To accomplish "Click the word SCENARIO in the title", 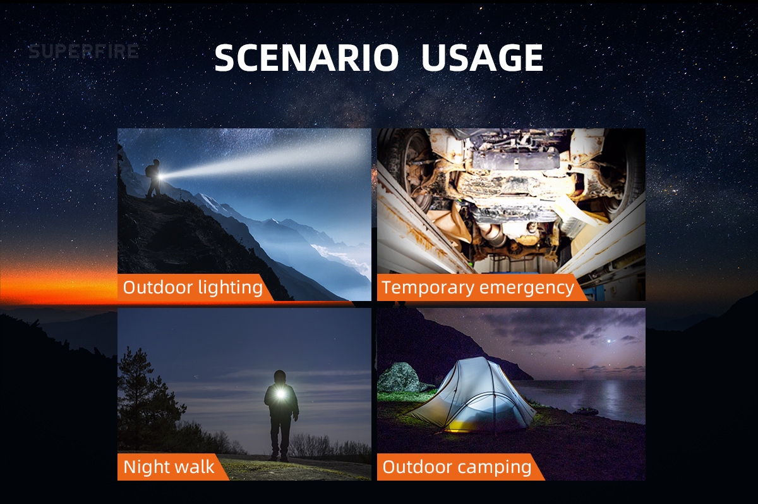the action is [x=306, y=58].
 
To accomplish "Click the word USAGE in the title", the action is [x=482, y=58].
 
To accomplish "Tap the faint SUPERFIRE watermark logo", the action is [x=83, y=51].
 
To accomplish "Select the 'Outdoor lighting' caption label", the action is [x=193, y=287].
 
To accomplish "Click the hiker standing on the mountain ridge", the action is [x=154, y=178].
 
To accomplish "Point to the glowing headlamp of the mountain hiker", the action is [x=160, y=176].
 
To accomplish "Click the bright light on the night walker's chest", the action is [x=280, y=394].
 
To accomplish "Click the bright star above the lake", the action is [x=610, y=341].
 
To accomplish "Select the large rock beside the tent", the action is [x=401, y=377].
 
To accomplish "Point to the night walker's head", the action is [x=280, y=377].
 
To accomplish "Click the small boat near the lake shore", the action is [x=586, y=412].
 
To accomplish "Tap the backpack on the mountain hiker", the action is [x=149, y=171].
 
